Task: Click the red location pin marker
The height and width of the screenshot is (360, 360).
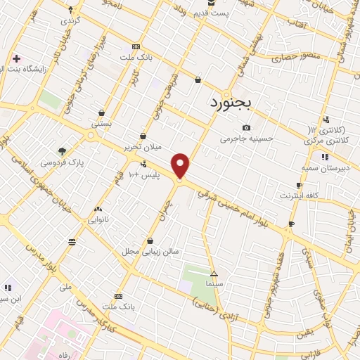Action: pos(181,165)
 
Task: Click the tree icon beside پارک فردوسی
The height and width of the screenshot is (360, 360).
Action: pos(63,150)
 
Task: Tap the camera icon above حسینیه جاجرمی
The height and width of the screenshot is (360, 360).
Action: pos(246,127)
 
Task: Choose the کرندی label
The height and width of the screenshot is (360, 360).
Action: pos(71,20)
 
